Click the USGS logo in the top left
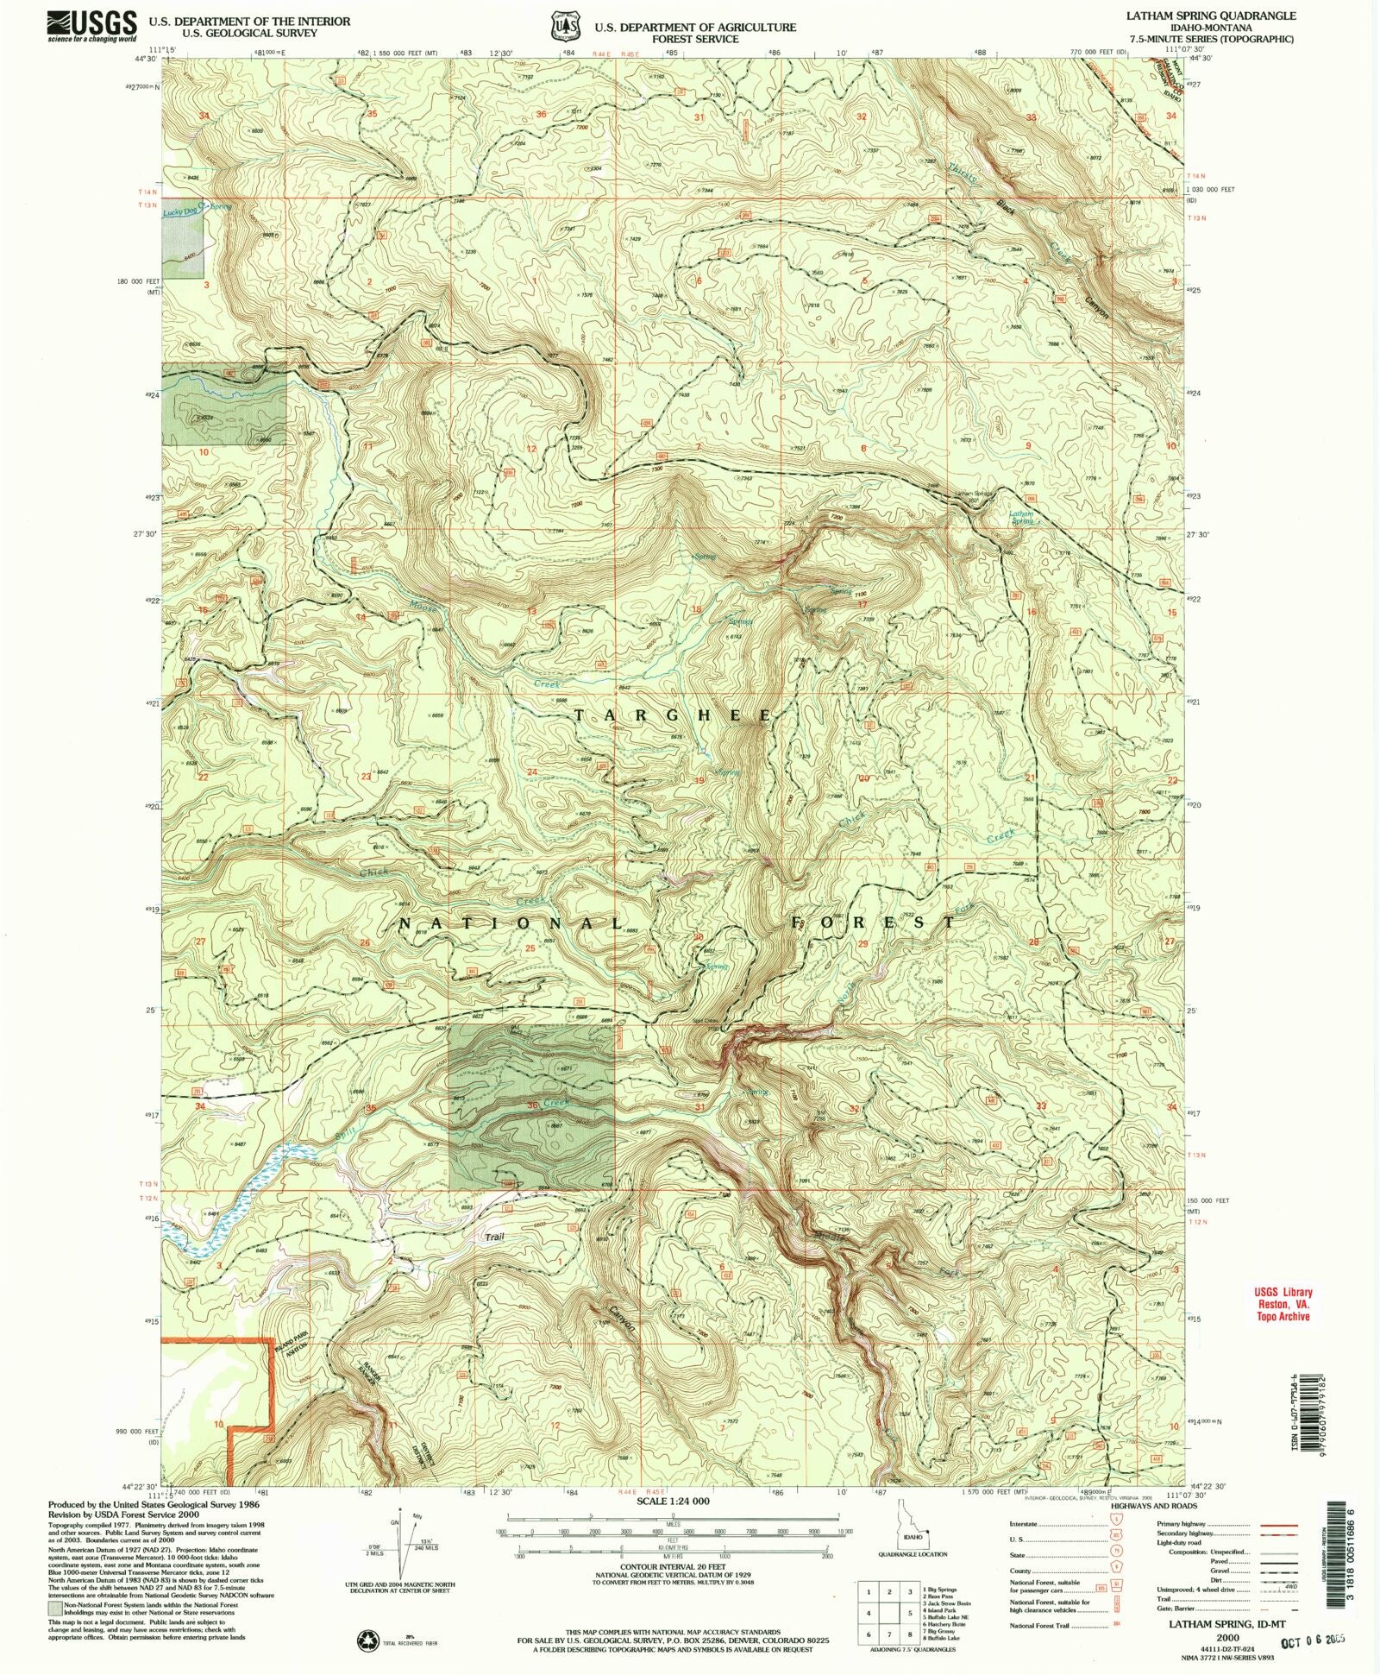point(91,25)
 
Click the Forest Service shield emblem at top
point(566,26)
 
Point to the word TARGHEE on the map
point(673,715)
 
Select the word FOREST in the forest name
point(874,922)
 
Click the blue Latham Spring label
point(1021,518)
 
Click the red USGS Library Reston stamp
point(1283,1304)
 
